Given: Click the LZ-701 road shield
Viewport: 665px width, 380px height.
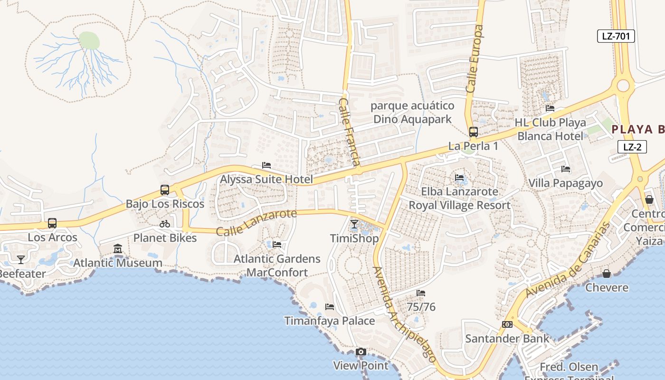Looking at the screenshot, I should [616, 36].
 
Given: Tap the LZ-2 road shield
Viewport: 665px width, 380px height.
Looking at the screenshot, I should [632, 147].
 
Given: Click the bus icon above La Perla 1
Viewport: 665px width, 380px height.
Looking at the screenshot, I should [473, 132].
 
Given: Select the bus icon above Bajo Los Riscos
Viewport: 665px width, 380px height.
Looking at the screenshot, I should [165, 190].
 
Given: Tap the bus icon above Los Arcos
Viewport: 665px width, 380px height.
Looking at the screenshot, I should [52, 223].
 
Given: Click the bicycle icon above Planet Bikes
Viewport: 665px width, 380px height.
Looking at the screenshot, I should [165, 224].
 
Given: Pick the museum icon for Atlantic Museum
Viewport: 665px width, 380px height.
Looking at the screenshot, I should [118, 248].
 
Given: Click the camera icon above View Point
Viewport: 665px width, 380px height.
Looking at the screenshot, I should [361, 352].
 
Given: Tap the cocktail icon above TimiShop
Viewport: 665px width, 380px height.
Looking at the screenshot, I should [354, 224].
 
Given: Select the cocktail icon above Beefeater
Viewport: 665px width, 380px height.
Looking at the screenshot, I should [21, 259].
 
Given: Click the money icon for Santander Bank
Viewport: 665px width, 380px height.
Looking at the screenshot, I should [507, 324].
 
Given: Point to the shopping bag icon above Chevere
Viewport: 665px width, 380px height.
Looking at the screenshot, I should [607, 274].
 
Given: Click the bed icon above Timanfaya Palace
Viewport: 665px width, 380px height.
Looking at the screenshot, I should [330, 307].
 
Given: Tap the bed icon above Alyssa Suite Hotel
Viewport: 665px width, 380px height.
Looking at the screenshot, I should [266, 165].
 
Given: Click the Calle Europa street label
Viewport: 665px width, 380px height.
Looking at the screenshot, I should [475, 58].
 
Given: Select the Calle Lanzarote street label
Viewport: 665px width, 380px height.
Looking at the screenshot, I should [256, 222].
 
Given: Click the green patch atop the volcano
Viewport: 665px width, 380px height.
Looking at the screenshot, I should [89, 41].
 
